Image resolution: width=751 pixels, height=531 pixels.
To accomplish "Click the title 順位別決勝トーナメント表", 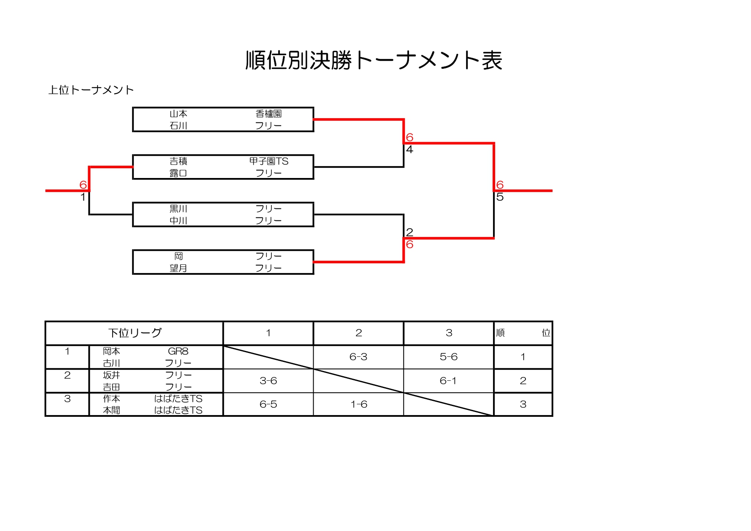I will (x=374, y=60).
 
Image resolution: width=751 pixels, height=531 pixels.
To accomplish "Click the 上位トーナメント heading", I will (x=91, y=90).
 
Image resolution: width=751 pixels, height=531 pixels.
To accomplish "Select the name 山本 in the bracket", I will (x=178, y=114).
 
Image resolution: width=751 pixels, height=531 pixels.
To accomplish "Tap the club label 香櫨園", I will (x=269, y=114).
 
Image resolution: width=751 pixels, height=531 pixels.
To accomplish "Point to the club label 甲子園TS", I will (x=269, y=161).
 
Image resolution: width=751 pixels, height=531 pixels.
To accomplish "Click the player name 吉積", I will (x=178, y=161).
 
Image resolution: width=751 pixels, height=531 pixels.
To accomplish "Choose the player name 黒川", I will (x=178, y=209).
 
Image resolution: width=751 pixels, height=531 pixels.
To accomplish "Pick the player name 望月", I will (x=178, y=268).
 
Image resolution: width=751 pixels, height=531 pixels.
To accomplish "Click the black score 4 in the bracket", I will (x=410, y=150).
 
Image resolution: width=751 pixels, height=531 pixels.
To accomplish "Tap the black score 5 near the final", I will (x=500, y=197).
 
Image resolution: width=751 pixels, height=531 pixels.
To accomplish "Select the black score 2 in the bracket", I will (x=410, y=232).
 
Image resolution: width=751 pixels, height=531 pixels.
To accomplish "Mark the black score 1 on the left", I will (x=83, y=197).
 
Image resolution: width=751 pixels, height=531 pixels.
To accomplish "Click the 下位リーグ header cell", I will (x=135, y=333).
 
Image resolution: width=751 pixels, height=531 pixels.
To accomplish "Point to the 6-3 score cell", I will (x=358, y=357).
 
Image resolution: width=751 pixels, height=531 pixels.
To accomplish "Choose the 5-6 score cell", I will (x=448, y=357).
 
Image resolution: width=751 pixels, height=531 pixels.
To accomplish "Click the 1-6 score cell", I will (x=359, y=404).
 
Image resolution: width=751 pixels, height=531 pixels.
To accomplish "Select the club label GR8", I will (x=178, y=351).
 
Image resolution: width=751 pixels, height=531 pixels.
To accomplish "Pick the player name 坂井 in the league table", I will (x=111, y=375).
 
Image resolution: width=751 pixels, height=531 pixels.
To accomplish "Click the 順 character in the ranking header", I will (x=500, y=333).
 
